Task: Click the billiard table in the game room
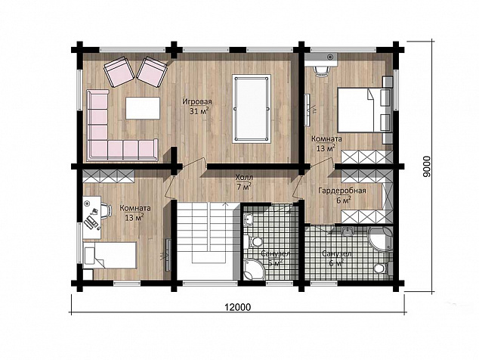click(x=251, y=109)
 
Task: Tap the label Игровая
click(x=197, y=101)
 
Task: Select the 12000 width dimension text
click(x=238, y=307)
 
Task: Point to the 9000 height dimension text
click(x=426, y=166)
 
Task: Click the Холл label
click(x=244, y=178)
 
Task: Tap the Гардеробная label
click(x=342, y=191)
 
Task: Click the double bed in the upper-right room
click(x=363, y=110)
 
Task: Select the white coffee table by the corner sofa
click(x=143, y=108)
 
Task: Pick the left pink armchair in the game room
click(x=119, y=71)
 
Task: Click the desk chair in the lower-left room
click(x=106, y=211)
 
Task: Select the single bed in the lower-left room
click(x=110, y=255)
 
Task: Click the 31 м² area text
click(x=199, y=111)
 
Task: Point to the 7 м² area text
click(x=244, y=186)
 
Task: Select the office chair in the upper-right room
click(x=322, y=71)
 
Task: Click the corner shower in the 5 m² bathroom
click(x=253, y=269)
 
